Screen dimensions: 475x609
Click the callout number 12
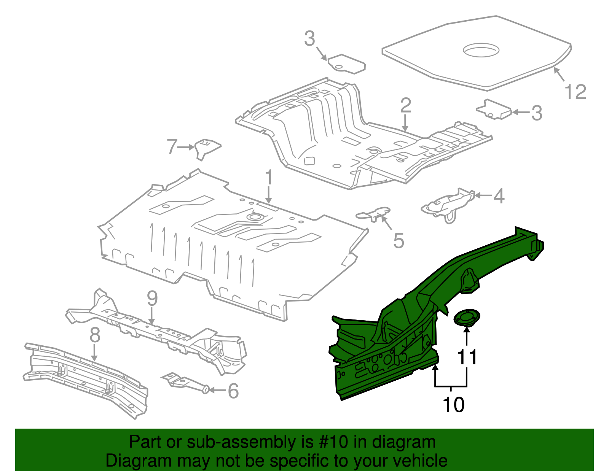(x=575, y=92)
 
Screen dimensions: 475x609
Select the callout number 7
(x=172, y=146)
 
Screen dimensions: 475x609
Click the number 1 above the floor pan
(x=269, y=178)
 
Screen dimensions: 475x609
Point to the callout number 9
(x=152, y=299)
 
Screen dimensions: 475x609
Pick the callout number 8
(x=95, y=335)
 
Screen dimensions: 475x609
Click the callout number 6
(x=233, y=391)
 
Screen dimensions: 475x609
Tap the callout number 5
(x=399, y=241)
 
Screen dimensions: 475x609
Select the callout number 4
(x=499, y=196)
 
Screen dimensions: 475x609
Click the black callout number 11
(x=467, y=357)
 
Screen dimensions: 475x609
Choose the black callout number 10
(x=453, y=405)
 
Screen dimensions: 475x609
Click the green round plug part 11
(x=467, y=318)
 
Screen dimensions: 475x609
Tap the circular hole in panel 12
(x=480, y=50)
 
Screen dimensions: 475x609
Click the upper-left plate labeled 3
(x=346, y=64)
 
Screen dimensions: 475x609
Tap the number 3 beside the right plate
(x=536, y=113)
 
